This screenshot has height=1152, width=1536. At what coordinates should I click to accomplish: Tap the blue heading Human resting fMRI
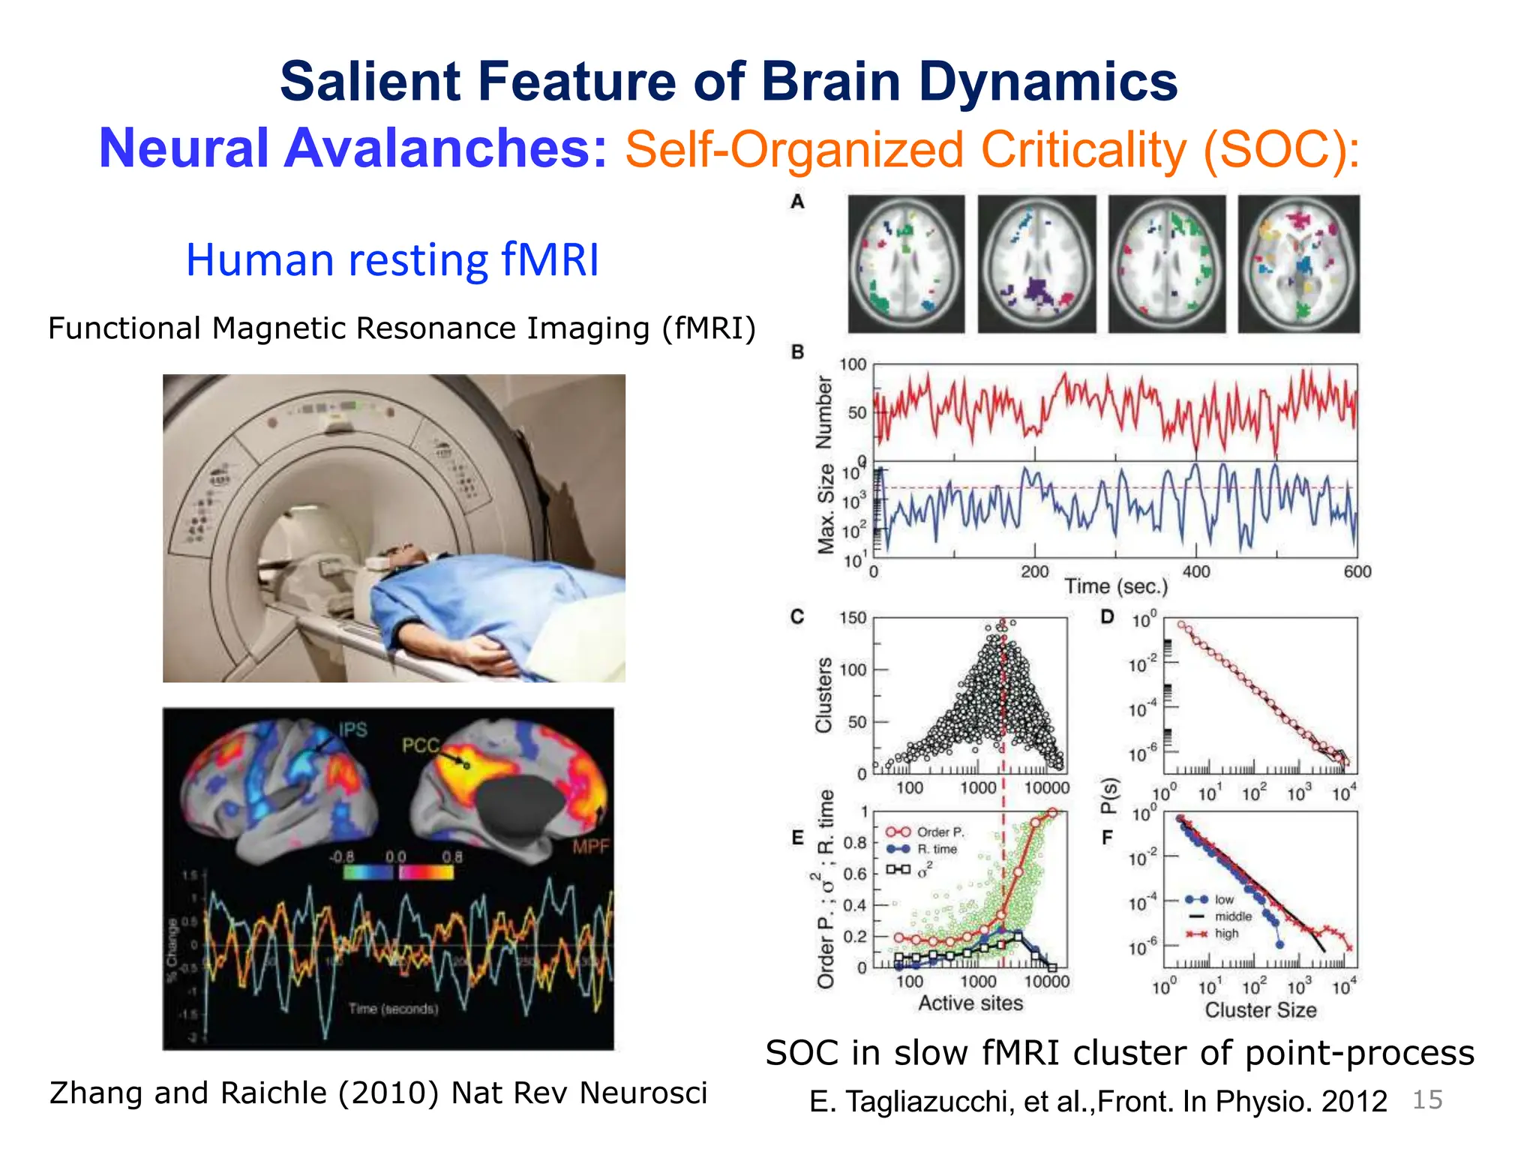392,260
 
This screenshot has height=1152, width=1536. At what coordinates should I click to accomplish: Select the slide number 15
1427,1099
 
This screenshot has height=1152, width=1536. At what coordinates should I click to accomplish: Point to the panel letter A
797,202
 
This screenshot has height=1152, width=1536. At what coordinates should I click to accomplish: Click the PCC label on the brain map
420,745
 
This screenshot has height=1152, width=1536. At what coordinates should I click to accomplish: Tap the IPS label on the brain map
352,730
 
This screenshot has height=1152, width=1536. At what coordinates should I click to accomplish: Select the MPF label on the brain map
591,847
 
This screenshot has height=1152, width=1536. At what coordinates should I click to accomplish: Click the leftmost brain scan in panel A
906,264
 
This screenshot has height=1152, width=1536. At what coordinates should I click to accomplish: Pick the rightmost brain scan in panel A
1298,264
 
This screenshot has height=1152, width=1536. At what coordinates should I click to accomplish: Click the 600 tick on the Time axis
1357,572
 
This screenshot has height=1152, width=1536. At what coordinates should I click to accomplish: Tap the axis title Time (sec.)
1116,586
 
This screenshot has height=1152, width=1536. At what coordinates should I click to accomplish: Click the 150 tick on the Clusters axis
853,618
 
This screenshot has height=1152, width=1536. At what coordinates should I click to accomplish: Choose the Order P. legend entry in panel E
940,832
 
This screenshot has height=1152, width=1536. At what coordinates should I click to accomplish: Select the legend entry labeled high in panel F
1226,934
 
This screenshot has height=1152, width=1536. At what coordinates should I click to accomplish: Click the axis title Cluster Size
1260,1010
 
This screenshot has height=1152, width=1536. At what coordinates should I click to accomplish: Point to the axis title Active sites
970,1003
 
